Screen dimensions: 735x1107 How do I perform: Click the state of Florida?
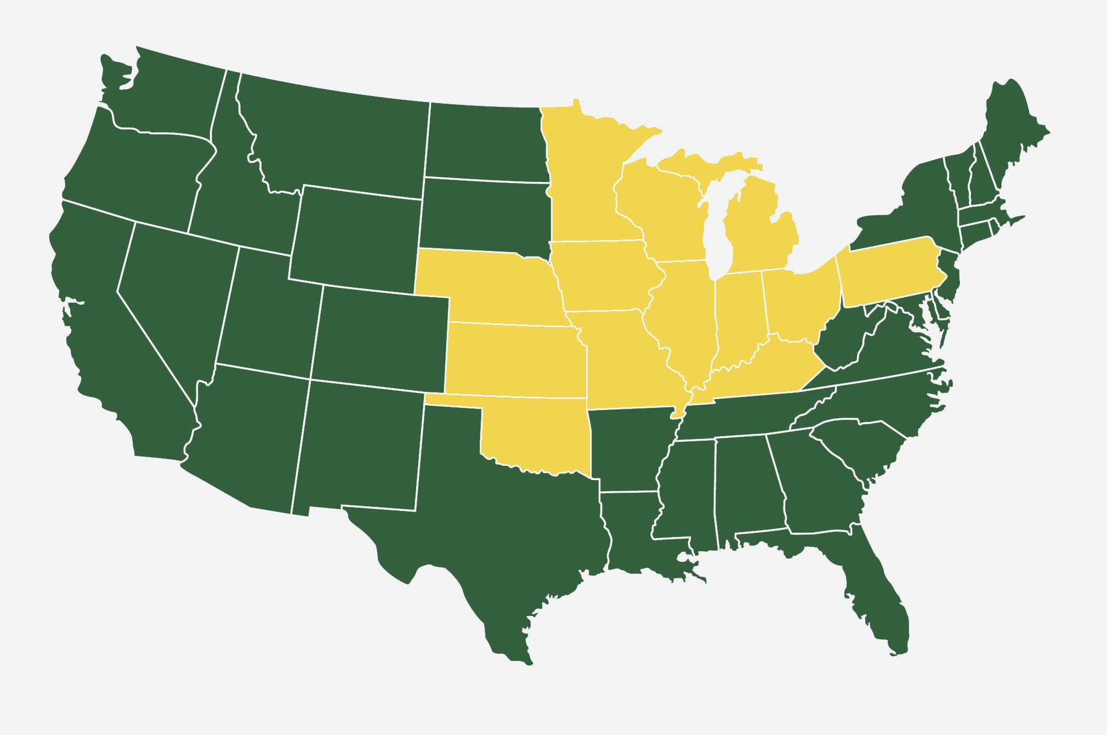[872, 592]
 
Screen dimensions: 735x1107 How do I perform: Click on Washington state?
[164, 93]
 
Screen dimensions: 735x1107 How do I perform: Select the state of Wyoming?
[356, 236]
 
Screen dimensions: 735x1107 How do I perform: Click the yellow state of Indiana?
[740, 312]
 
